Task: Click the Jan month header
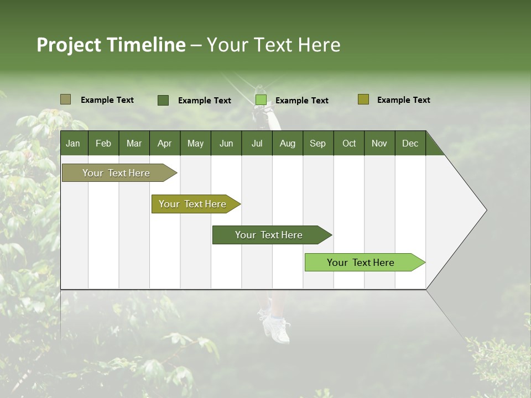pos(73,143)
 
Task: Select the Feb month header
pos(103,143)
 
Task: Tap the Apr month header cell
pos(164,143)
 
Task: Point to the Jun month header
pos(226,143)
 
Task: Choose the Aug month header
pos(287,143)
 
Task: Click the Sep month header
pos(317,143)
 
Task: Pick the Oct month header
pos(349,143)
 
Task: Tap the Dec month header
pos(410,143)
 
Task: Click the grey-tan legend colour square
pos(65,99)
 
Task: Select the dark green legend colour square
pos(163,100)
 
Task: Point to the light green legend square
pos(261,100)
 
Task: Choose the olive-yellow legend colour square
pos(363,99)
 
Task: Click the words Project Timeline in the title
pos(111,45)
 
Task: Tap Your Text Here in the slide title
pos(274,45)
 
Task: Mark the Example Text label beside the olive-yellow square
pos(403,100)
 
